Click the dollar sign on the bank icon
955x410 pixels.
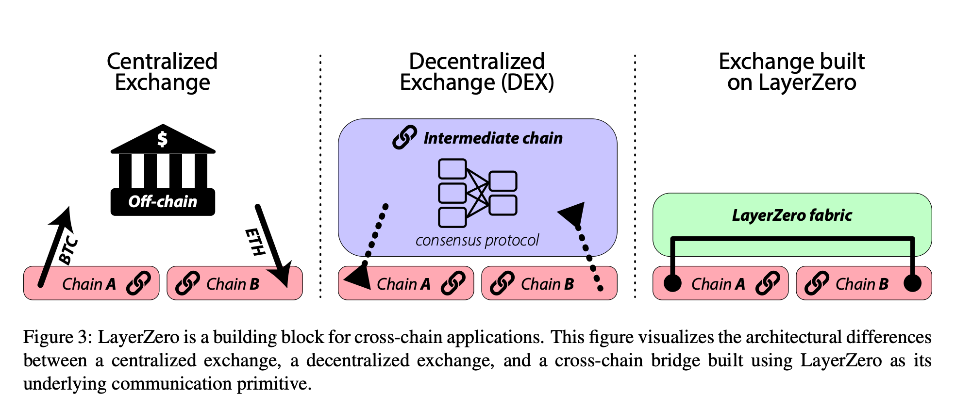(162, 139)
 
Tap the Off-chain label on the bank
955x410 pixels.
(163, 201)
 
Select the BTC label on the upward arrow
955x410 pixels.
(68, 250)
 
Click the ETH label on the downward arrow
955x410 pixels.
(255, 242)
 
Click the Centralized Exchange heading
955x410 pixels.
(162, 72)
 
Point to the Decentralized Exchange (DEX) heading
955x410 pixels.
(477, 72)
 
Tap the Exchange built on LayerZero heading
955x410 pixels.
(791, 72)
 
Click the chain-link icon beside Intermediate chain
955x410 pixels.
(404, 137)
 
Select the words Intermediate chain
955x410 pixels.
(493, 138)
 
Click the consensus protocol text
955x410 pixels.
(477, 240)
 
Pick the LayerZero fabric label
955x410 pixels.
(792, 215)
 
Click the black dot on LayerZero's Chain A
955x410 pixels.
(672, 283)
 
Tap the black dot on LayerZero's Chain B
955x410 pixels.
(912, 283)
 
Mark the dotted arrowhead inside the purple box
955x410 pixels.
(573, 214)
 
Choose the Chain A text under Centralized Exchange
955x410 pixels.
(89, 284)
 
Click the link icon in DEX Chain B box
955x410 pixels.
(502, 283)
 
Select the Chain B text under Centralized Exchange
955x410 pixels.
(233, 284)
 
